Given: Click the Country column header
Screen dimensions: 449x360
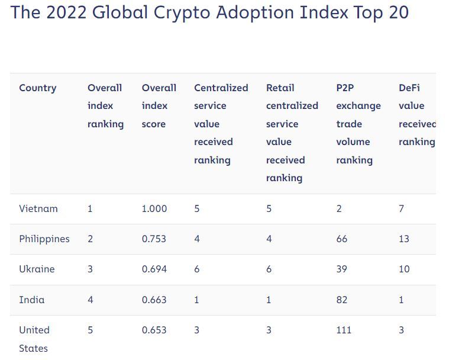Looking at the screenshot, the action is click(x=37, y=88).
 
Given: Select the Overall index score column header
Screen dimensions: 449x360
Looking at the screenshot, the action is click(x=159, y=106).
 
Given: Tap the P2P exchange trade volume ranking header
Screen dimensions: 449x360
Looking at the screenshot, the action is click(x=358, y=124).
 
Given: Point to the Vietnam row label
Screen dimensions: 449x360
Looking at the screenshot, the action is click(x=38, y=208).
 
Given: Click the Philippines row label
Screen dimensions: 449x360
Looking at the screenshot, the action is click(x=44, y=239).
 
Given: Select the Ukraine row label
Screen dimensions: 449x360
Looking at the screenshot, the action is click(x=37, y=269).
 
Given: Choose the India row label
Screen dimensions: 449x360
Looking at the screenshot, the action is click(x=32, y=300).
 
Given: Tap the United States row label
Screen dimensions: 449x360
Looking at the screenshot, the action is click(x=34, y=339).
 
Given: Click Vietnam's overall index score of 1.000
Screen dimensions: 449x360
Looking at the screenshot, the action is click(x=154, y=208).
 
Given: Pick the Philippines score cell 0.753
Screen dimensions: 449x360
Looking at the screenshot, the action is click(x=154, y=239).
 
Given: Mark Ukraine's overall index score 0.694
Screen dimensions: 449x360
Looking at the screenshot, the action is click(x=154, y=269).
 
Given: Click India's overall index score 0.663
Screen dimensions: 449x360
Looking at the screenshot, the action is click(x=154, y=300).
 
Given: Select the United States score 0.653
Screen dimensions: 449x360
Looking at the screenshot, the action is click(x=154, y=330).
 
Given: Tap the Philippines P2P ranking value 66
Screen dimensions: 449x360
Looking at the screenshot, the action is click(x=341, y=239).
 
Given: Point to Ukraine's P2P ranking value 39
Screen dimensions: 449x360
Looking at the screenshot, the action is click(x=341, y=269).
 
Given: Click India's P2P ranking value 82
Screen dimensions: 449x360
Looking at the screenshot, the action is click(x=341, y=300).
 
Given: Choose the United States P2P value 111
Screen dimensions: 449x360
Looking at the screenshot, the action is click(x=344, y=330).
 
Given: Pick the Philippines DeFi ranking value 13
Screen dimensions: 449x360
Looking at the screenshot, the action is click(x=404, y=239).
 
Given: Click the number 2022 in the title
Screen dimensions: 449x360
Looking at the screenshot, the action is click(x=66, y=13).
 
